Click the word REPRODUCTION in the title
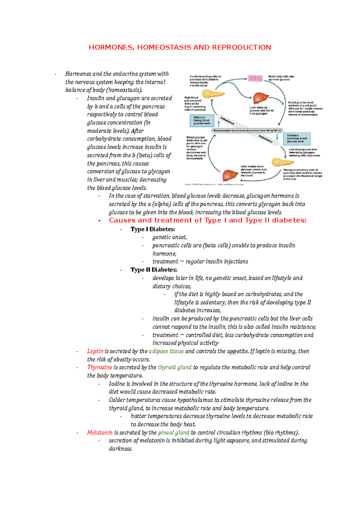click(241, 47)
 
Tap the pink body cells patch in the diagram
click(255, 78)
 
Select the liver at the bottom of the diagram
click(230, 175)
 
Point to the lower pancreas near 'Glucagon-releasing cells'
click(282, 162)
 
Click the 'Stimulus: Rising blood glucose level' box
click(202, 121)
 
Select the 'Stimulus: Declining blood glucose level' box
click(297, 138)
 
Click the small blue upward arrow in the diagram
click(218, 124)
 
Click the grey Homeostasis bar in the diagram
click(247, 130)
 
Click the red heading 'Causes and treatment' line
click(207, 220)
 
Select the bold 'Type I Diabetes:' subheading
click(153, 229)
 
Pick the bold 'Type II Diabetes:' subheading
click(154, 270)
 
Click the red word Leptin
click(95, 351)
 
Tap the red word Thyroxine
click(100, 367)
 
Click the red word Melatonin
click(100, 433)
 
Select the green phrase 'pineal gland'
click(173, 433)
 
